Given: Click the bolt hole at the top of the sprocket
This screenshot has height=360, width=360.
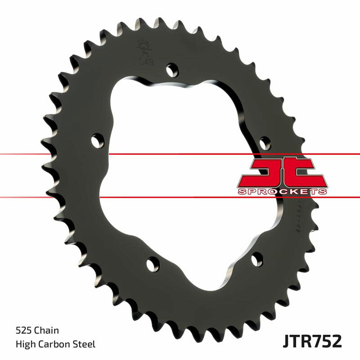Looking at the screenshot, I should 171,70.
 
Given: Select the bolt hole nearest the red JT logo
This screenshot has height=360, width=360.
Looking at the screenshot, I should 265,144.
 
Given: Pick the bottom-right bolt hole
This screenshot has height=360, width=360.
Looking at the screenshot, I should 257,259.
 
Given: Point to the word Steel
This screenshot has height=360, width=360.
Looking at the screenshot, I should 85,345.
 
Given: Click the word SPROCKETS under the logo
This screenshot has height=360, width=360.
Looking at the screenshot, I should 282,191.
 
